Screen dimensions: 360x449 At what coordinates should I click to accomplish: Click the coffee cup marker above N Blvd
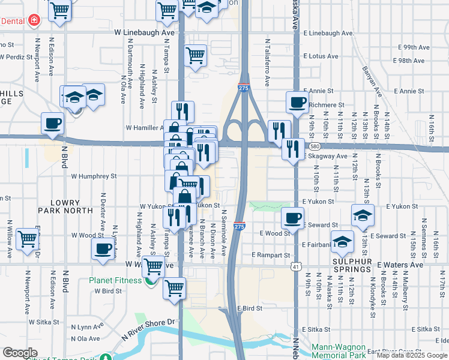52,123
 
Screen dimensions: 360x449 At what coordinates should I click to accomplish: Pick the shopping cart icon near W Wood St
27,238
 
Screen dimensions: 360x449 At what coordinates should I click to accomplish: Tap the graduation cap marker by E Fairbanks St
342,241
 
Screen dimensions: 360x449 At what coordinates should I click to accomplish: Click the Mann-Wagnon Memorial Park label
344,351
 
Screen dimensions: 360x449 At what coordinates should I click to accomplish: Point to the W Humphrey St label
94,176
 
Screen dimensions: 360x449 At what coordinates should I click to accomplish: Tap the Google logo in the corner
20,353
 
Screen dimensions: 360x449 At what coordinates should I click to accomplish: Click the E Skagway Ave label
325,156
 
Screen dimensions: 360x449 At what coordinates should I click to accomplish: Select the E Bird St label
250,308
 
